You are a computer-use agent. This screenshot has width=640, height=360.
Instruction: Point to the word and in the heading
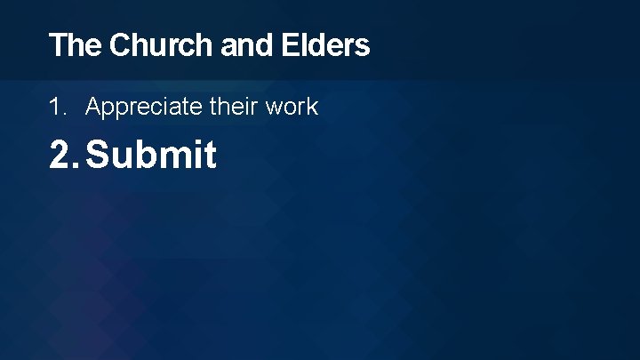247,45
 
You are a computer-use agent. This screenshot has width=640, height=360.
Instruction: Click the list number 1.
57,108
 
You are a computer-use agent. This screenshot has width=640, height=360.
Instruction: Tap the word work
290,108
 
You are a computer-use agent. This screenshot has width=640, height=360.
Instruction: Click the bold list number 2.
63,156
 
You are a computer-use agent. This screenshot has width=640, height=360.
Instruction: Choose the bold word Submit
151,156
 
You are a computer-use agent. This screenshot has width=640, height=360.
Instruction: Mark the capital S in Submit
98,156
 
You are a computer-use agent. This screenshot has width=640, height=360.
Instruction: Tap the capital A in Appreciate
93,108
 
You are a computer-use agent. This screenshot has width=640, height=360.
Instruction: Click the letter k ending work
312,108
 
